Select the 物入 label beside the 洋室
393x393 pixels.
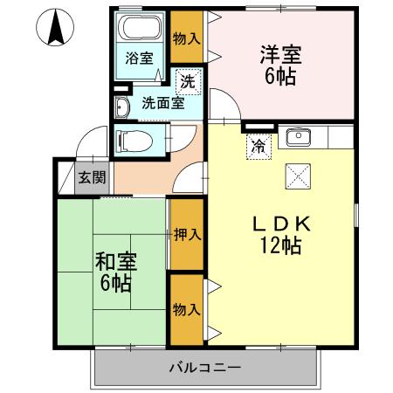184,39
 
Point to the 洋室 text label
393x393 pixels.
281,52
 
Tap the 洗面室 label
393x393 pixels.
162,102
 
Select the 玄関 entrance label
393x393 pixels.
92,178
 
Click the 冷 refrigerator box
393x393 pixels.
259,147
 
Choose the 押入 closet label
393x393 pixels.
184,234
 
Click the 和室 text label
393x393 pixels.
115,261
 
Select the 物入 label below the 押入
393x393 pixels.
184,309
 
